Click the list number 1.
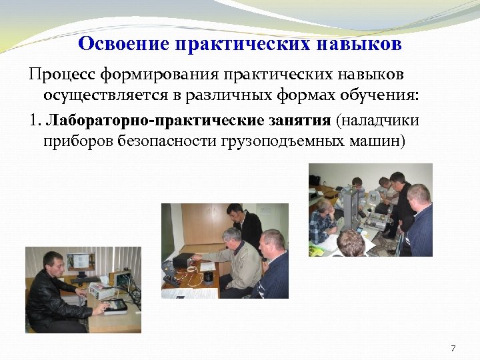point(35,121)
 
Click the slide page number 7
point(453,347)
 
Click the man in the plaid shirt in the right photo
point(323,223)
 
